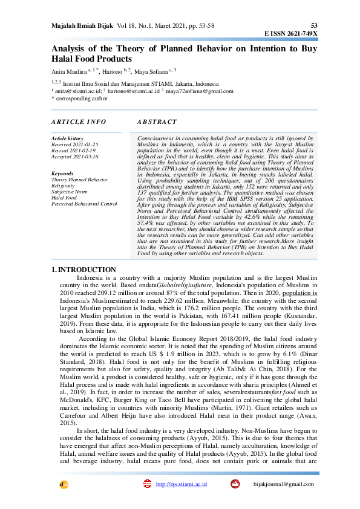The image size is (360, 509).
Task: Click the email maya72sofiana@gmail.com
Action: coord(200,91)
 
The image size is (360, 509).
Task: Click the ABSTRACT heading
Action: coord(157,122)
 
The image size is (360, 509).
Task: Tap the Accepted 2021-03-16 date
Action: coord(75,157)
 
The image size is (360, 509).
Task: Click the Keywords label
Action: coord(63,173)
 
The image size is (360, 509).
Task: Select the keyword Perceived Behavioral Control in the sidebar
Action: coord(84,204)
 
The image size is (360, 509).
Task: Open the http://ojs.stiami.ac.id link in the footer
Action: coord(182,484)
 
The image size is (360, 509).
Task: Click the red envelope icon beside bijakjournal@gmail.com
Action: coord(235,484)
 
